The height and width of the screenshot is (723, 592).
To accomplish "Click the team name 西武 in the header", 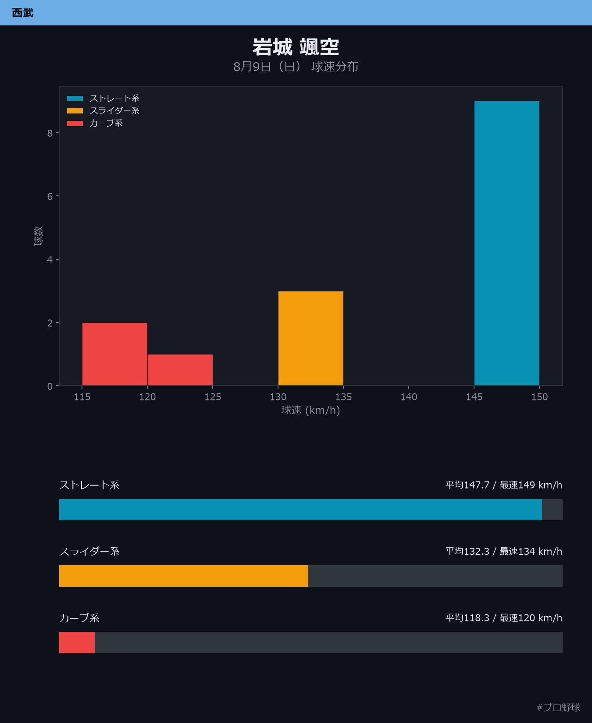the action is [x=22, y=13].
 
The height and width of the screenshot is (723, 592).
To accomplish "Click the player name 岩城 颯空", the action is [x=296, y=47].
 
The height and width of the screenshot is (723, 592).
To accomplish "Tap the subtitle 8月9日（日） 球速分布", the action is [x=296, y=67].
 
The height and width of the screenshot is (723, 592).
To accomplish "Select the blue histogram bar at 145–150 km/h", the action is [x=507, y=244].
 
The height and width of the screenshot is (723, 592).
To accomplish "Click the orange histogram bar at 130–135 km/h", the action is [x=311, y=338].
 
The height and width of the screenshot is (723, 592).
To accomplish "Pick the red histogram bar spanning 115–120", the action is [x=115, y=354].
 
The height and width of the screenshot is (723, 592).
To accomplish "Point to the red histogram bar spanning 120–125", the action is [x=180, y=370].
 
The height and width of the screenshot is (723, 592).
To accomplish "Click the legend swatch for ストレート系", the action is [x=75, y=99].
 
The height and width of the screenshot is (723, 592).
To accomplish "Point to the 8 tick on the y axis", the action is [x=50, y=133].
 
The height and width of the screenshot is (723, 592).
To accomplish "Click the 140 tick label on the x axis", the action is [x=409, y=397].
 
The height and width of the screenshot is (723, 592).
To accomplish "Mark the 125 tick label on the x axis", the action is [x=213, y=397].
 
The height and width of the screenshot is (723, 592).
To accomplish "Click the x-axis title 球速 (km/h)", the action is [x=311, y=410].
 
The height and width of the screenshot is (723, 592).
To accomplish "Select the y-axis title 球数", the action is [x=39, y=236].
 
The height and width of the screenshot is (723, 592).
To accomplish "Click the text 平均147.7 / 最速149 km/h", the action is [x=504, y=485].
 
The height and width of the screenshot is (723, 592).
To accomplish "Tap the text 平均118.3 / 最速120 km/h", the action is [x=504, y=618].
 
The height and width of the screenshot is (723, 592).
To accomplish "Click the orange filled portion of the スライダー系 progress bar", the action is [x=184, y=576].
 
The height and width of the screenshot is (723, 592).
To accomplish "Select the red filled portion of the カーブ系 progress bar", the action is [x=77, y=643].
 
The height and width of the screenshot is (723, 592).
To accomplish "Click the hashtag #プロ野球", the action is [x=558, y=708].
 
